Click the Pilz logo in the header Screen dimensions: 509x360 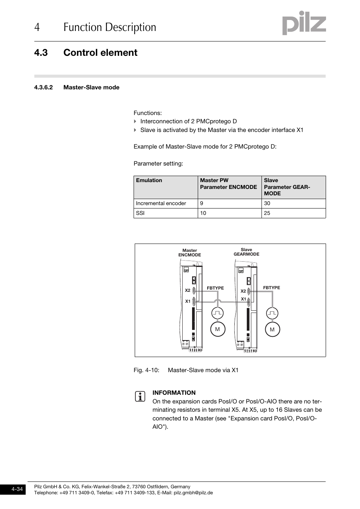[304, 23]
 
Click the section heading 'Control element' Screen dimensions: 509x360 [100, 53]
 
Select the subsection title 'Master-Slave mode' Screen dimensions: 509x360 [91, 87]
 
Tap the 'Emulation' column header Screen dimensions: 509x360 [149, 181]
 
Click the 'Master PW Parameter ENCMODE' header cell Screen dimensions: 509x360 [228, 184]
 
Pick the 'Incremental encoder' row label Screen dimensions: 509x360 [161, 204]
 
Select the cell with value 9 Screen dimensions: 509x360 [202, 204]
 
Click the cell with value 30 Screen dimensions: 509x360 [267, 204]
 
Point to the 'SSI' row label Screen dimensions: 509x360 [140, 213]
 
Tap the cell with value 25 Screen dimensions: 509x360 [267, 213]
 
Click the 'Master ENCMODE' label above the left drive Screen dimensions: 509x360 [190, 253]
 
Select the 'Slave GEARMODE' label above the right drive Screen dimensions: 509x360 [246, 252]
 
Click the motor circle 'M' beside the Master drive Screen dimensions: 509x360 [217, 329]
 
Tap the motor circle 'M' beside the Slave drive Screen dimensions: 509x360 [272, 329]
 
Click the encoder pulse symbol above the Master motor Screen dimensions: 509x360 [217, 313]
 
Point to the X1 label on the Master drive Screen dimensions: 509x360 [188, 302]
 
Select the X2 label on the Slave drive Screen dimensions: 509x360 [243, 291]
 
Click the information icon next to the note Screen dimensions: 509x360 [140, 397]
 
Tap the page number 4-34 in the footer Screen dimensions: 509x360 [17, 489]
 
